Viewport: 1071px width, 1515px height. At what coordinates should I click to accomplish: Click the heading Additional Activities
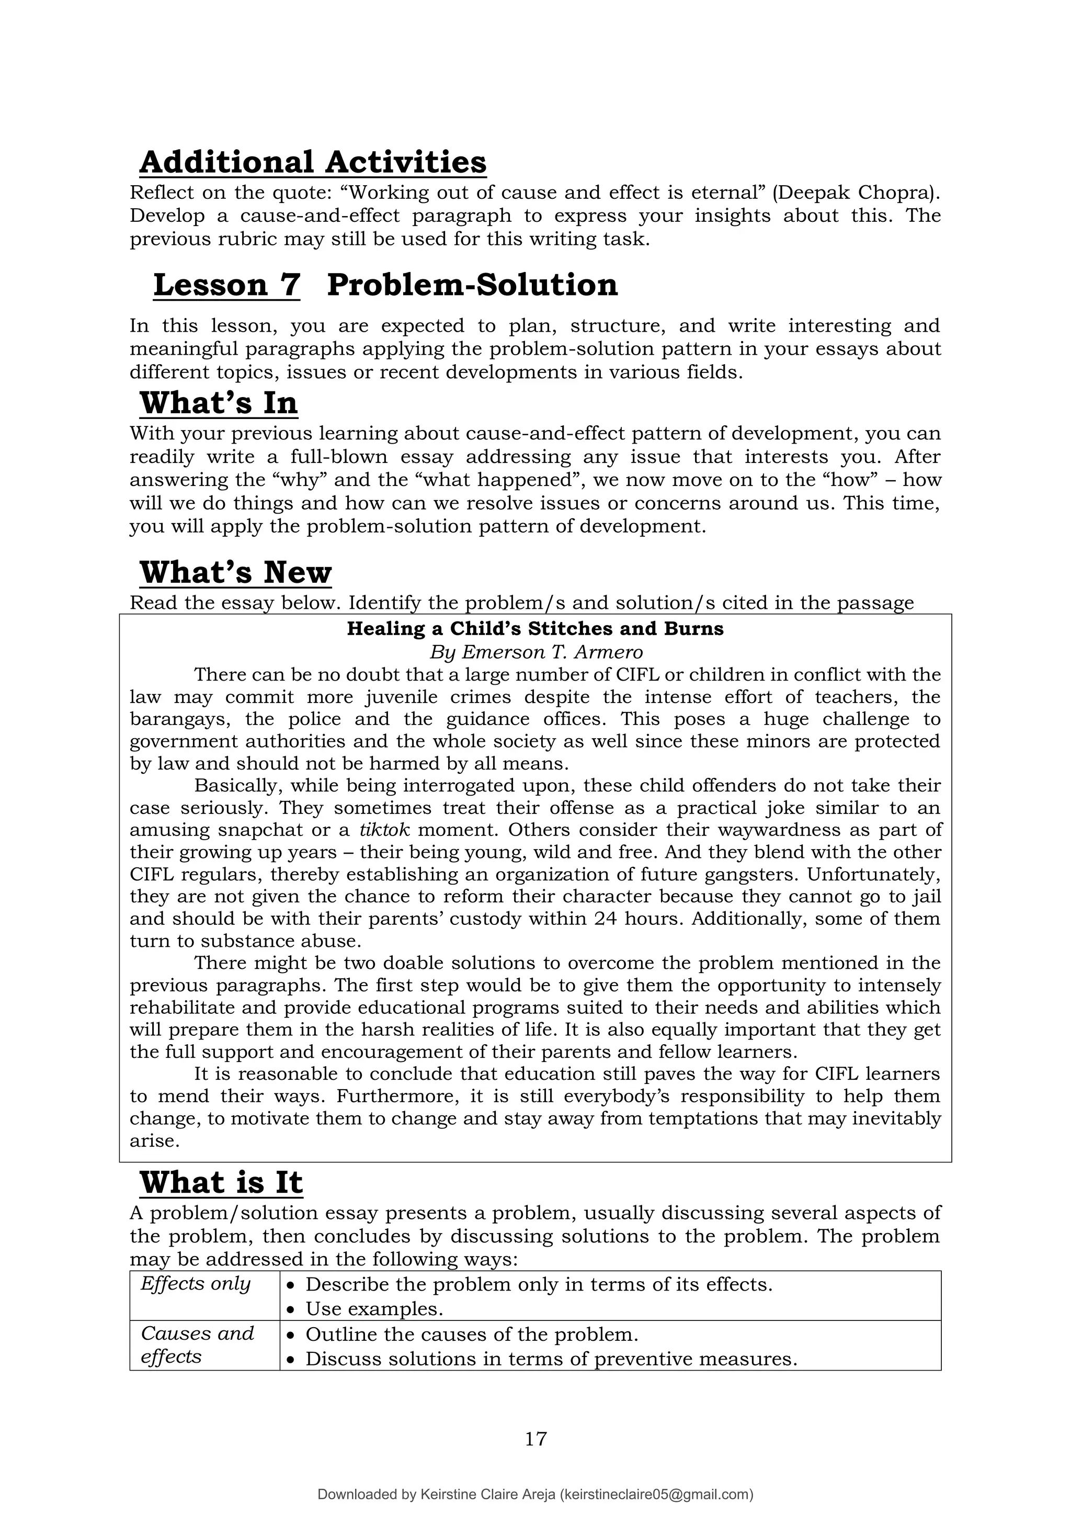click(313, 162)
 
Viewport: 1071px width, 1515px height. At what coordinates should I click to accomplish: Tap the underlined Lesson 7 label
click(226, 285)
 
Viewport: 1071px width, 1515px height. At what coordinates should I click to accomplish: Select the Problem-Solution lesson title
click(472, 285)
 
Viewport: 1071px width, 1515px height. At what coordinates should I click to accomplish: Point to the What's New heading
click(235, 572)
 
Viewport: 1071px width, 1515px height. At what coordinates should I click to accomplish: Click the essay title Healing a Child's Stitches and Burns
click(535, 628)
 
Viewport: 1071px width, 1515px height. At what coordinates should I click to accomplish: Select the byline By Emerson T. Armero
click(535, 652)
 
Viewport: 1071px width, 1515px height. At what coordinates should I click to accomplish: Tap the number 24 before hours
click(605, 919)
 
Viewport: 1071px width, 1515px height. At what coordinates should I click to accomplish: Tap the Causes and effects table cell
click(197, 1346)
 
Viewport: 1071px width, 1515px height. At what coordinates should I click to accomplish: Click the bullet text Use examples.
click(374, 1308)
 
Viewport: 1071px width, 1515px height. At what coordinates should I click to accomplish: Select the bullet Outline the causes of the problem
click(472, 1334)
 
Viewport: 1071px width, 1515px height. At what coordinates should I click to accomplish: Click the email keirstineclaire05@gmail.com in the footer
click(656, 1495)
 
